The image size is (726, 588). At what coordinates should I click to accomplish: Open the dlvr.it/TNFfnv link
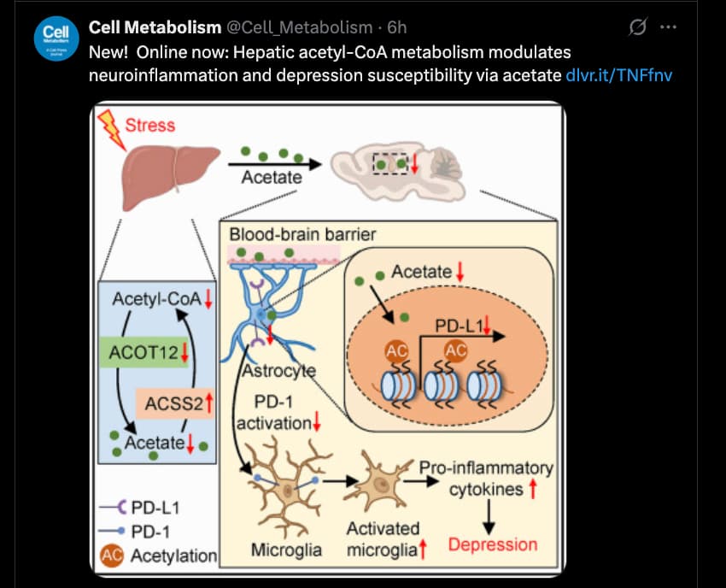[618, 75]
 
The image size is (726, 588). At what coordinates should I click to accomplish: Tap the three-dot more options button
[669, 27]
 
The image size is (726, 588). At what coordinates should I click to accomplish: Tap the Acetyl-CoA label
[157, 299]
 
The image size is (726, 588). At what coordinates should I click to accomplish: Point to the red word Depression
[493, 544]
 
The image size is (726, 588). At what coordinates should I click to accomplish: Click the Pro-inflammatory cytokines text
[486, 478]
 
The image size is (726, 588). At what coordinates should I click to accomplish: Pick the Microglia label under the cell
[286, 550]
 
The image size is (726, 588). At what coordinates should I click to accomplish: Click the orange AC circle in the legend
[112, 556]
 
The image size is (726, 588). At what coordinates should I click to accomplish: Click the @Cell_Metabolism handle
[299, 28]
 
